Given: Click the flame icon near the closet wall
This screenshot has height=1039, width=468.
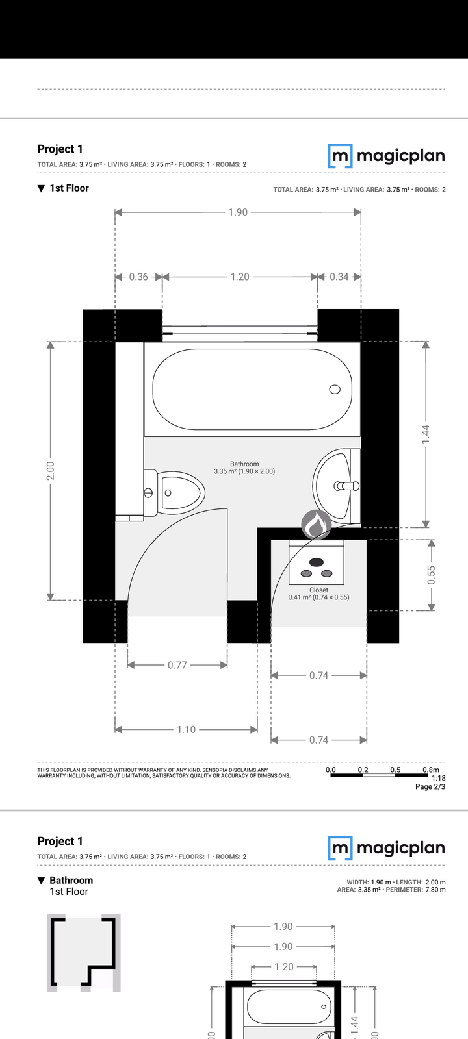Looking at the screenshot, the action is pos(316,524).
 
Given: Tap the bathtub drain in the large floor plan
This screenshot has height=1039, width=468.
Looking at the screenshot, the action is pos(335,389).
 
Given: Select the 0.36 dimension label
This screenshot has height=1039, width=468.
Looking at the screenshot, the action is pos(138,277).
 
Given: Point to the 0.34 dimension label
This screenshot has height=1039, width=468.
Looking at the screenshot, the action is pos(339,277).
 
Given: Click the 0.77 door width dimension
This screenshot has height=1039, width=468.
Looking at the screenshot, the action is pos(177,665).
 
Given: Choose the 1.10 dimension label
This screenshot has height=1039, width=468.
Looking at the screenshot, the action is pos(186,730).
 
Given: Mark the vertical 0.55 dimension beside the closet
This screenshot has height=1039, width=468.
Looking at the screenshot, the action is pos(432,575).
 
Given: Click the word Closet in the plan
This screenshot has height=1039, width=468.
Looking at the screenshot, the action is pos(319,590).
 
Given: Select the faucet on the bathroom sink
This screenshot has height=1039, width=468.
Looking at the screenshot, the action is pos(346,486).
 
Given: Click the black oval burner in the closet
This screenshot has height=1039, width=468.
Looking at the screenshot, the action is pos(317,562).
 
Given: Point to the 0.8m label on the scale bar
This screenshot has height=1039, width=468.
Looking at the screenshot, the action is pos(431,770).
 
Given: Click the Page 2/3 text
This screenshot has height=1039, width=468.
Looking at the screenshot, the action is pos(430,786).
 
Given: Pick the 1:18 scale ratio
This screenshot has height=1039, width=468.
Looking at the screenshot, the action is pos(439,779).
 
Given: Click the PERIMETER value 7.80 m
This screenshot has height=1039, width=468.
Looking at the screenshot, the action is pos(435,890).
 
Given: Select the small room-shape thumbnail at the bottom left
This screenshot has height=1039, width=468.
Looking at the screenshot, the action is pos(84,953).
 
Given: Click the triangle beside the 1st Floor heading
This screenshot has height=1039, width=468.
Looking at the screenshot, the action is pos(42,188).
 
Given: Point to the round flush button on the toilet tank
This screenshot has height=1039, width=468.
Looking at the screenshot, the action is pos(148,493).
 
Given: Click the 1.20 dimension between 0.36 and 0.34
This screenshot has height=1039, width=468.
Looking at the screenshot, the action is pos(240,277).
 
